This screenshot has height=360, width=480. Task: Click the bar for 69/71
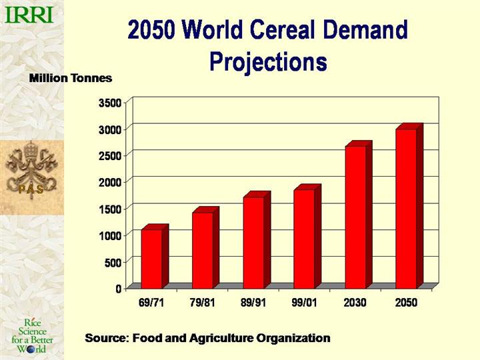(151, 259)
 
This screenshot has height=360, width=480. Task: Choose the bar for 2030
(355, 217)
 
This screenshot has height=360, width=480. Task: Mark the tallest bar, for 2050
(406, 208)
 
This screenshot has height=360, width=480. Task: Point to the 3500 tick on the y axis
(111, 103)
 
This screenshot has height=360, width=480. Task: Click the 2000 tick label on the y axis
(111, 182)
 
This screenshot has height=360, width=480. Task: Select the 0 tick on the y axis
(118, 289)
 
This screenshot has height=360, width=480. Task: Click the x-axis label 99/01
(304, 303)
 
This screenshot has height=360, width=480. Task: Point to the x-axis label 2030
(355, 303)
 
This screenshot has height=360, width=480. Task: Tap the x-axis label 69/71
(151, 303)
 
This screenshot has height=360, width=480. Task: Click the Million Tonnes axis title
(71, 78)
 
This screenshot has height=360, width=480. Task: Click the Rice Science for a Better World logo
(33, 336)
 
